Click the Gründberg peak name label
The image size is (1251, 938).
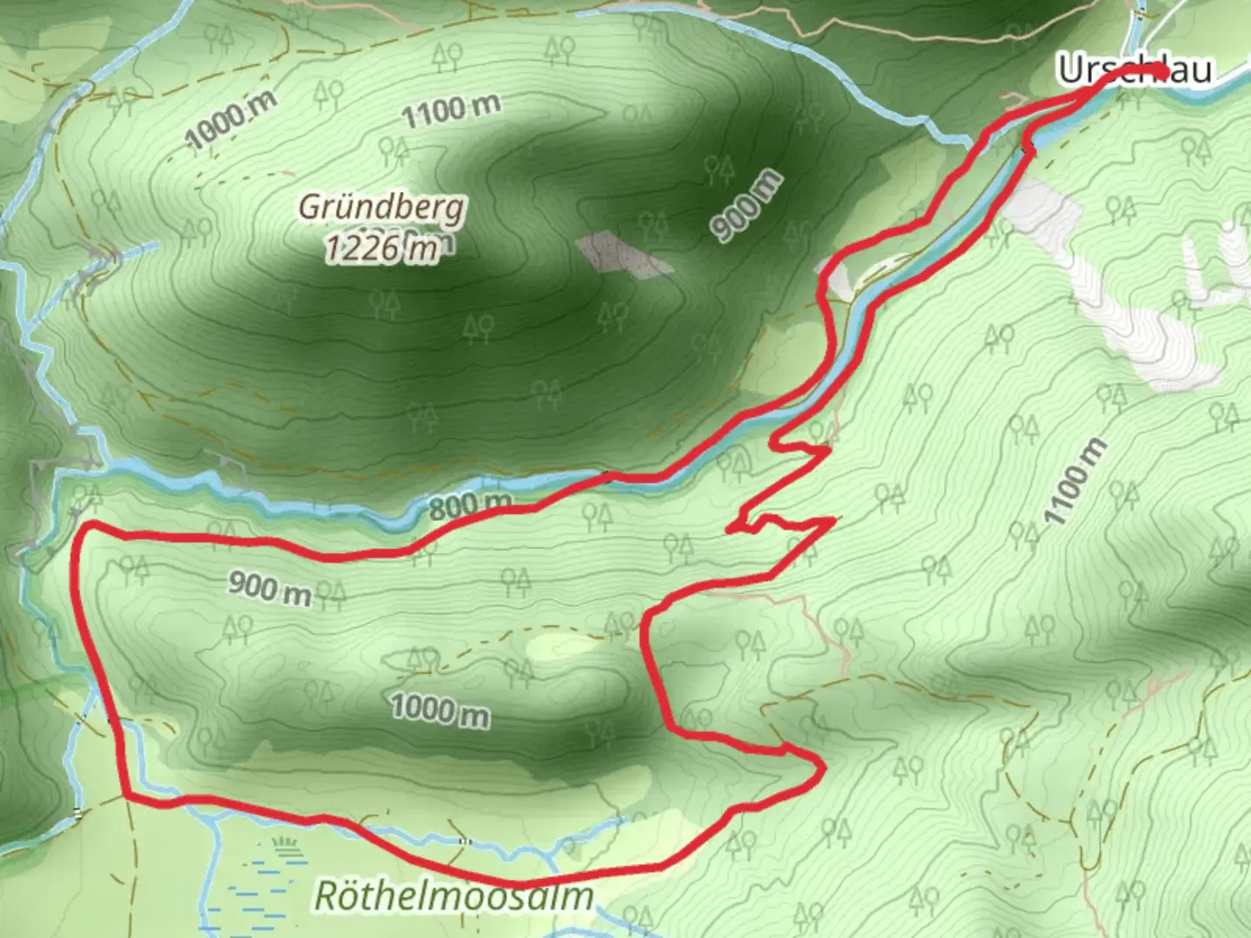(382, 207)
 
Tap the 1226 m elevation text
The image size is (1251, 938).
(382, 249)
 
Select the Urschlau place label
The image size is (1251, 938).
(1134, 69)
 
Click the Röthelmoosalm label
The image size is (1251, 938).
(453, 895)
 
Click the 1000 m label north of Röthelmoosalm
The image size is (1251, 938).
(440, 710)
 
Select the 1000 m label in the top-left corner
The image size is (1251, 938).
(231, 120)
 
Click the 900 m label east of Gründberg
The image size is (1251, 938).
(746, 207)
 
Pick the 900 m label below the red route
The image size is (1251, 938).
(270, 588)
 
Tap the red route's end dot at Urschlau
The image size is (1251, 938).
(1160, 69)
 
